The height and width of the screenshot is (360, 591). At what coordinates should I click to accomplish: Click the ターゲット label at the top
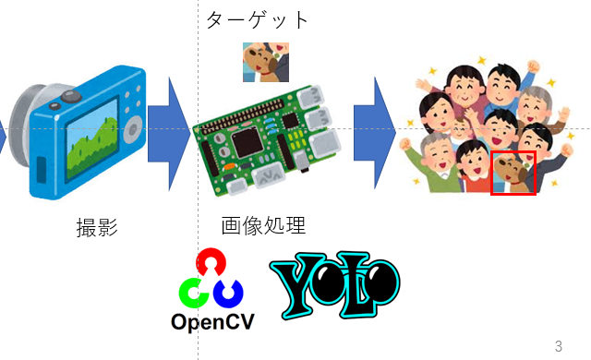click(257, 19)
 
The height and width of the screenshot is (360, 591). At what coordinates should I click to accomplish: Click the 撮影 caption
click(97, 227)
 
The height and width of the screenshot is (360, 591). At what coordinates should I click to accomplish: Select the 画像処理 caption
click(263, 225)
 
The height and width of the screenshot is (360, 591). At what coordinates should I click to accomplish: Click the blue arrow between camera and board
click(168, 128)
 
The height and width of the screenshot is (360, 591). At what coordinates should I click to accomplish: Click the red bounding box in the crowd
click(513, 174)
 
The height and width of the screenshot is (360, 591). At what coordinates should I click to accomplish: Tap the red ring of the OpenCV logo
click(213, 263)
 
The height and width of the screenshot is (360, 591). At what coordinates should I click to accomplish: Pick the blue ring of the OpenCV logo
click(229, 294)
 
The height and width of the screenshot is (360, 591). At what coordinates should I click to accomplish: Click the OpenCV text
click(213, 322)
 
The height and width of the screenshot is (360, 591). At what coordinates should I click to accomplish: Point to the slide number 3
click(558, 346)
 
